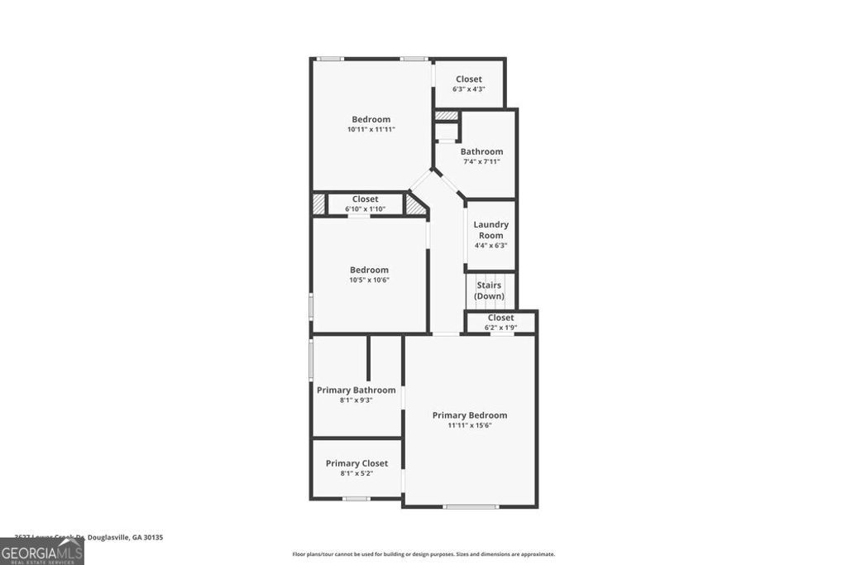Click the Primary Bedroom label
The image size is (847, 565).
pos(470,415)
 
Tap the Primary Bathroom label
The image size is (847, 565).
pos(356,390)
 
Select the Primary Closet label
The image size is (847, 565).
pos(357,463)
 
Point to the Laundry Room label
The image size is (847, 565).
pos(490,230)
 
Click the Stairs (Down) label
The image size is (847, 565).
pos(489,290)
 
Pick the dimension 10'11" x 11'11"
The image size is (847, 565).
pos(371,130)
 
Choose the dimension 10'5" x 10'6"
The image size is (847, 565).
pos(369,280)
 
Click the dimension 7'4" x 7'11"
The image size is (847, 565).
pos(481,162)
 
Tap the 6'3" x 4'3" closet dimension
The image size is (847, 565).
pos(468,89)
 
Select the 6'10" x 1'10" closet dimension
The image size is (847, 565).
pos(365,209)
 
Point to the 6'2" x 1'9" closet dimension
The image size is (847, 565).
pos(500,328)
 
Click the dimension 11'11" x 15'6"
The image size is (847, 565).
pos(470,426)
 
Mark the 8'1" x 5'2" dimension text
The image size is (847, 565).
pos(357,474)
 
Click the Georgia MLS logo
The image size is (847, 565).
pos(41,552)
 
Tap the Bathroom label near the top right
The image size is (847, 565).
pos(481,151)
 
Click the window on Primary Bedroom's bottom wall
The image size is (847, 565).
pos(471,506)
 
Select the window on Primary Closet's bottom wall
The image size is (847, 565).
pos(357,499)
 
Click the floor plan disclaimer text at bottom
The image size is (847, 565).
pos(423,554)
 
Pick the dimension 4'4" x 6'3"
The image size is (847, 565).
pos(490,246)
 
